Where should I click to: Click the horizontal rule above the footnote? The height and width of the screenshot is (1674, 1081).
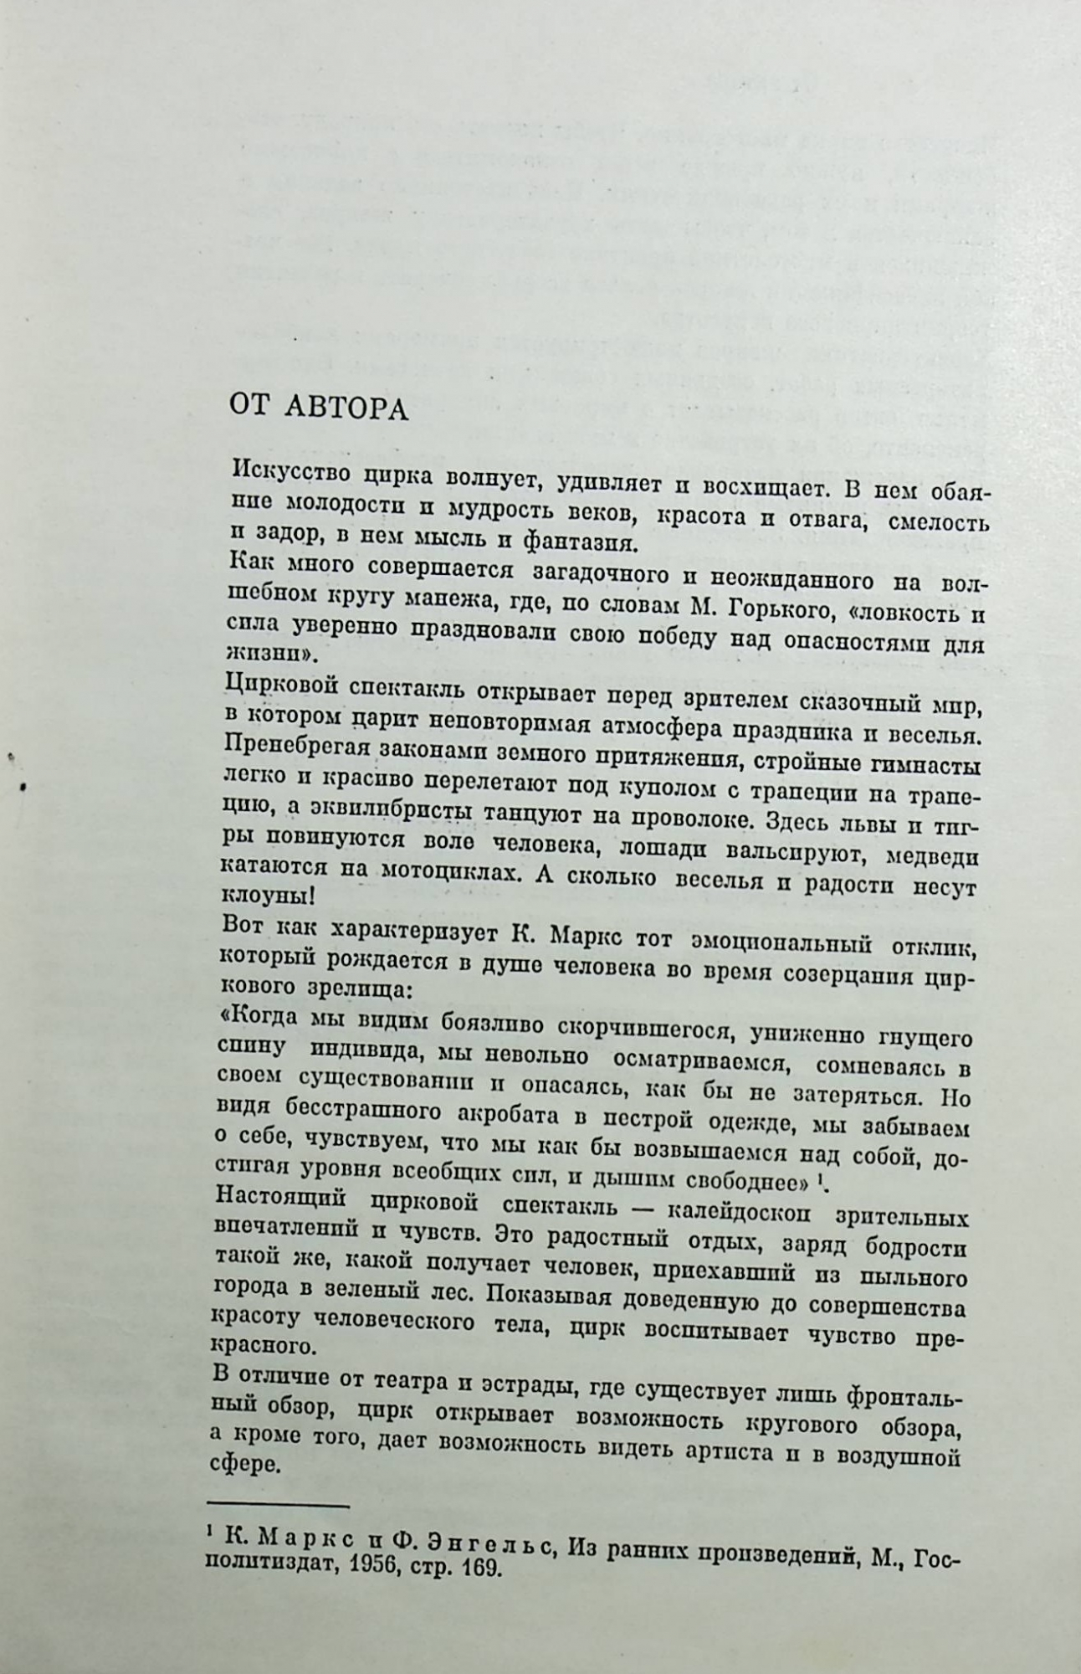[277, 1507]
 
